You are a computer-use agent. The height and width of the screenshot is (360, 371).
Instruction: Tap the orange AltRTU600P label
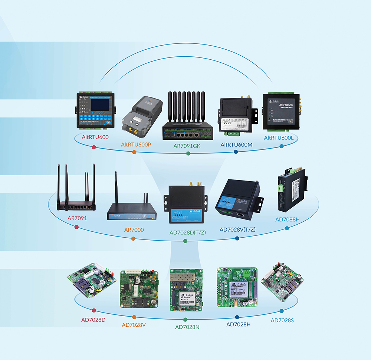coord(136,144)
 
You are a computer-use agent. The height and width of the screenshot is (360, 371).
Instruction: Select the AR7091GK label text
coord(187,146)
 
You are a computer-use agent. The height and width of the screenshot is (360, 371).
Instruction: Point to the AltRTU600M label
coord(236,145)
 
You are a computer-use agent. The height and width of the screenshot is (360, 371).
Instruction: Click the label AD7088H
coord(288,219)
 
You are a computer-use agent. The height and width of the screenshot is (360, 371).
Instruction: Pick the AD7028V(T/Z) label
coord(237,229)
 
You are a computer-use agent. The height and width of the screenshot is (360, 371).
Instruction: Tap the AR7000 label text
coord(134,230)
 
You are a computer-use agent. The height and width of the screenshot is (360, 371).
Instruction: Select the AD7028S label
coord(282,320)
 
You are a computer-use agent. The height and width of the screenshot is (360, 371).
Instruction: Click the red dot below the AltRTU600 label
coord(94,148)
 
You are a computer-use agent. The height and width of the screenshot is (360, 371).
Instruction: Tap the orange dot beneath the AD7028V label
coord(134,317)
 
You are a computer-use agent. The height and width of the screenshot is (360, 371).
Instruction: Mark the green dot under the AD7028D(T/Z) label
coord(185,241)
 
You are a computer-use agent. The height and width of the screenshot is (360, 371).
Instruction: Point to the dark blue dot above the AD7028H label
coord(236,317)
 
